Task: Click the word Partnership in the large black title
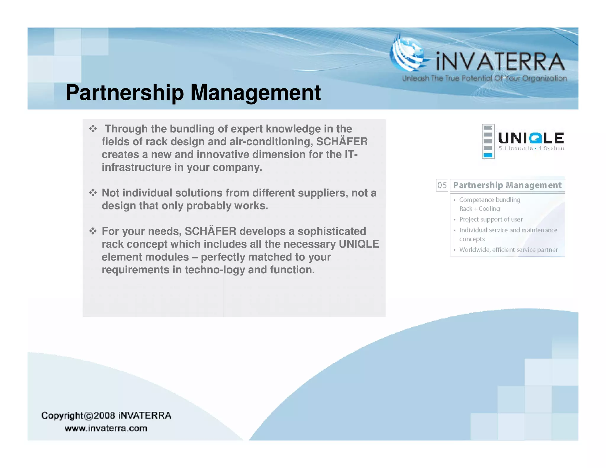125,93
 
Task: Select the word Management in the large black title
255,93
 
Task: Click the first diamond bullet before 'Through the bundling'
93,129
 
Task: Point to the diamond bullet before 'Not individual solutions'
93,193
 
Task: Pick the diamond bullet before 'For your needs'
93,231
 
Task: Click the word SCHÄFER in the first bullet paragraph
342,142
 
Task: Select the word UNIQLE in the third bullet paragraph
359,244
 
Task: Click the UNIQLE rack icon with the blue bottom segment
488,141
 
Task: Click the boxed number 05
442,185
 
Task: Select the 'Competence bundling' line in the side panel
489,200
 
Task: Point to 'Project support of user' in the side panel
491,219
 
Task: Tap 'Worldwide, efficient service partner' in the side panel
508,250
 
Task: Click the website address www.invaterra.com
106,428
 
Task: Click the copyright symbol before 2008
88,416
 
